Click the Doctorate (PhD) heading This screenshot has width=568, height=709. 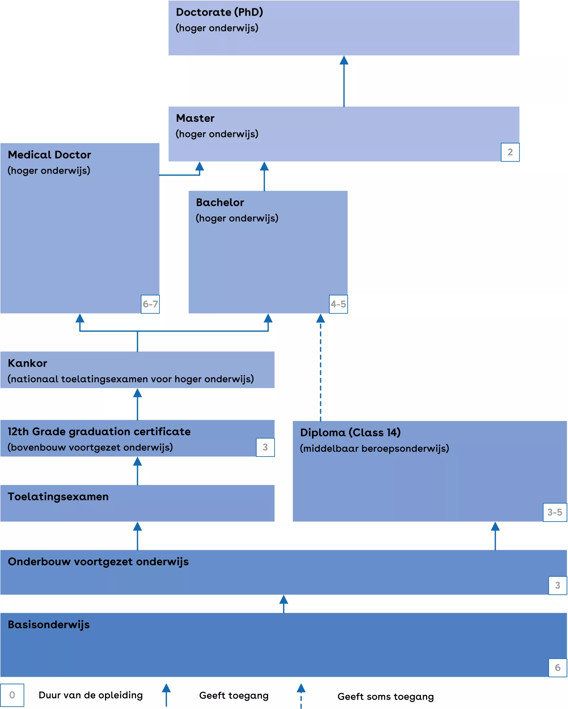(219, 12)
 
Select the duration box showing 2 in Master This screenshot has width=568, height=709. (510, 152)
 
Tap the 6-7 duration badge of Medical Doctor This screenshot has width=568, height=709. (150, 304)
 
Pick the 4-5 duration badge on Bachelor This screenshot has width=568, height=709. (338, 304)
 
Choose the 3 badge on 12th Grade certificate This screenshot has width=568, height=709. (265, 447)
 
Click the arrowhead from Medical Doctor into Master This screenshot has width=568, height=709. (199, 166)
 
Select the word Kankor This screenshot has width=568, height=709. (28, 363)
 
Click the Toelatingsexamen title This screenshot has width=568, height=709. (58, 497)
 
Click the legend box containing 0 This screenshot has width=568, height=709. (12, 695)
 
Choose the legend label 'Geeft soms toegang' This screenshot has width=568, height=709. (385, 696)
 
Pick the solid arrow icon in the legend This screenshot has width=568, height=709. (166, 695)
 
